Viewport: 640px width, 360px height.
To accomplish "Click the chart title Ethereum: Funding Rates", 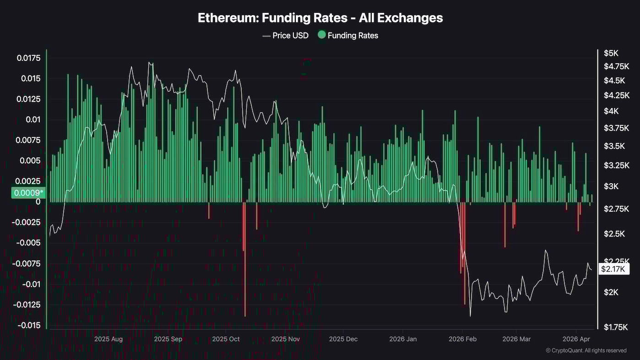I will [320, 18].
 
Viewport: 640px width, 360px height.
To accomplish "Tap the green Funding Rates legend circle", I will [322, 35].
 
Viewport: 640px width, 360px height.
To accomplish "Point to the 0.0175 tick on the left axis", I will [28, 58].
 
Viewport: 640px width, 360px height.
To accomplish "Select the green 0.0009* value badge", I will [28, 193].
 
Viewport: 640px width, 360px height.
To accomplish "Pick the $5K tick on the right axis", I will [611, 53].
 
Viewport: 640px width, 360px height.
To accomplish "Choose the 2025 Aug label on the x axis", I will [108, 339].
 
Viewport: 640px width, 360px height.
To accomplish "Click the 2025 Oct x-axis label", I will [226, 339].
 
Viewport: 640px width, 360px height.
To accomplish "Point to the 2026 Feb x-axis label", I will [463, 339].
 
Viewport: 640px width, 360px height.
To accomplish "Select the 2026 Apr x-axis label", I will [575, 339].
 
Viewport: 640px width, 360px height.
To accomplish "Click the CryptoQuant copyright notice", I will [586, 350].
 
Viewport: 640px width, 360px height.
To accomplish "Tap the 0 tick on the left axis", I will [38, 202].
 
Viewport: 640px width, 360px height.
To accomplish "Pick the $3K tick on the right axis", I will [611, 186].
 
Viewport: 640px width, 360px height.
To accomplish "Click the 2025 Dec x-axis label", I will [343, 339].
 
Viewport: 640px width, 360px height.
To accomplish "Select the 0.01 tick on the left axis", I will [32, 120].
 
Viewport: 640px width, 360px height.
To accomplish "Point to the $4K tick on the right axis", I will [611, 111].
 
